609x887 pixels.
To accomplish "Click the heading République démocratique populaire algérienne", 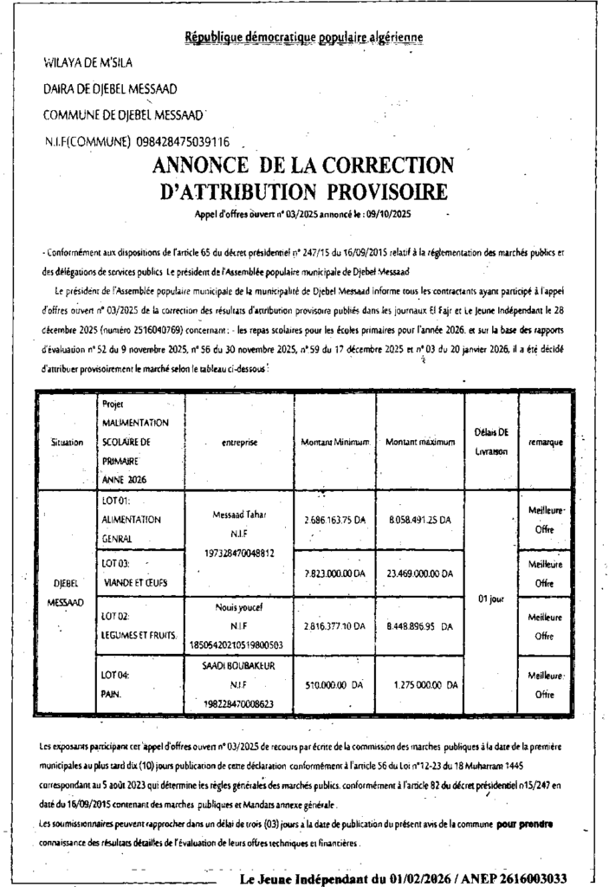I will [x=304, y=36].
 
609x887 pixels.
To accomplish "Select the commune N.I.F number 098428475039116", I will [x=183, y=141].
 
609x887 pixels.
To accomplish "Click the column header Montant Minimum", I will [x=335, y=443].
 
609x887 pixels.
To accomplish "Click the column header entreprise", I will [x=240, y=443].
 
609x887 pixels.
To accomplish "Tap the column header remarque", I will [x=545, y=443].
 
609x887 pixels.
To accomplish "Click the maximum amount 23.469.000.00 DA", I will [x=420, y=573].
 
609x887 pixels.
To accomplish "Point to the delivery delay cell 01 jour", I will [x=490, y=599].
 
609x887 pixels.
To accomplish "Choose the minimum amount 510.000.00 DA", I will [x=334, y=683].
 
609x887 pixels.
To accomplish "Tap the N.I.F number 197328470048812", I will [x=240, y=552].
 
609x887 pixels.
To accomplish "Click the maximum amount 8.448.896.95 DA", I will [x=420, y=625].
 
